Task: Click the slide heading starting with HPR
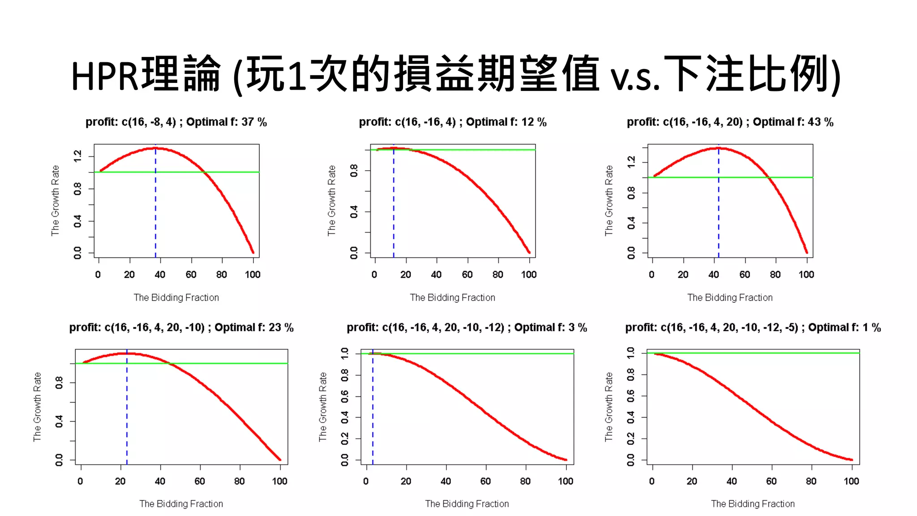click(x=456, y=74)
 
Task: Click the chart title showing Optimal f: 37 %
click(x=176, y=122)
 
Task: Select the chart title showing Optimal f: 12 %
click(x=452, y=122)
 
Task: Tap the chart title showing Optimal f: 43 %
click(x=730, y=122)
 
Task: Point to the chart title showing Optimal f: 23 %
click(x=181, y=327)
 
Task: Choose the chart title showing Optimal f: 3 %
click(x=467, y=327)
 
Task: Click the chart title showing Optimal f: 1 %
click(x=753, y=327)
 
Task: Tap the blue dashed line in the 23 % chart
click(x=127, y=412)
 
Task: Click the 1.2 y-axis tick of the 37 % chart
click(x=77, y=156)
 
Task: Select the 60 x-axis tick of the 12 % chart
click(x=467, y=275)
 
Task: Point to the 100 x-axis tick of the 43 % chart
click(x=806, y=275)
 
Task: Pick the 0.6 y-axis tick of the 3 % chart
click(x=344, y=396)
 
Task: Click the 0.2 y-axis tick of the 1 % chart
click(x=630, y=439)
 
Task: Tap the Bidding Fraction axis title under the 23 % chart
click(x=181, y=503)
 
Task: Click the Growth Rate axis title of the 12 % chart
click(x=331, y=200)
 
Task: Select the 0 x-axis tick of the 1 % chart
click(x=652, y=481)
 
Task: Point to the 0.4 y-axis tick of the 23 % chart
click(x=59, y=421)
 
